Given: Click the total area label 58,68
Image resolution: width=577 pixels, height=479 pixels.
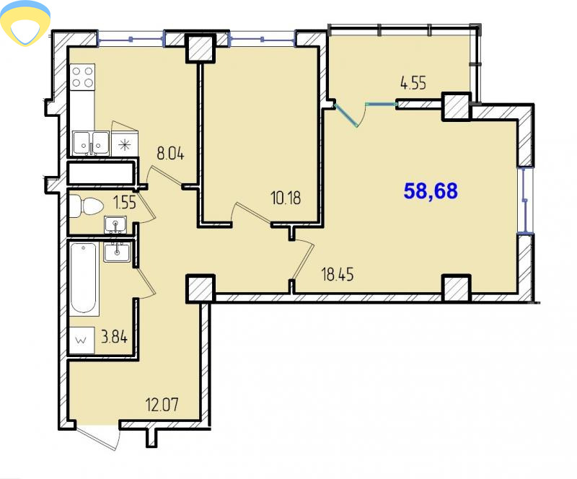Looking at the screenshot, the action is coord(431,190).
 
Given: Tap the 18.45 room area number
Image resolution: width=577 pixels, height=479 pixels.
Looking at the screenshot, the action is coord(338,274).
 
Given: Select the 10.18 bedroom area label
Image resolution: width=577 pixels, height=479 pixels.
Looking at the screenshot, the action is coord(286,198).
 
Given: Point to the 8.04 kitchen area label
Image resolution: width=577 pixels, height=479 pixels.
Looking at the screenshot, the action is coord(170,153).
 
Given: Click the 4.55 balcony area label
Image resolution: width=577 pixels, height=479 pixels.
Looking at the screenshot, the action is coord(413,83).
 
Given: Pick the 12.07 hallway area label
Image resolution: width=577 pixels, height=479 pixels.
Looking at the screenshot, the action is coord(162,405).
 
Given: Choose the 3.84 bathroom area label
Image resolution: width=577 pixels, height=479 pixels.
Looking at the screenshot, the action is coord(114,336).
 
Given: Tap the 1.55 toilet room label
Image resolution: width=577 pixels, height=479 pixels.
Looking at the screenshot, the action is coord(125,202).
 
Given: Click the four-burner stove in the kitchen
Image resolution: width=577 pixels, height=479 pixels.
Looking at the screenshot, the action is coord(83,77).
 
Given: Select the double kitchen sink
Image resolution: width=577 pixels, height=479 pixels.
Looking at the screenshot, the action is coord(91,143).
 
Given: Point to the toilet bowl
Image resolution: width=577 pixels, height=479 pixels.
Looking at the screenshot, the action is coord(86,206).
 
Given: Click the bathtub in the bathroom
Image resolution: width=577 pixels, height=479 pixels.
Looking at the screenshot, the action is coord(84,278).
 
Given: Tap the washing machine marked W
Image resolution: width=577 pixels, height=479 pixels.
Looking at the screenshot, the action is coord(82,340).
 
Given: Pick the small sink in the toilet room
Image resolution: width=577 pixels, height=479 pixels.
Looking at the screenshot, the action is coord(115,224).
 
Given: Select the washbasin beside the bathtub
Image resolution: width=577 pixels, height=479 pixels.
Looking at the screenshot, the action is coord(117,252).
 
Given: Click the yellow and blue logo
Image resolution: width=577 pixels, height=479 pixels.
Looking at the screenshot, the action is coord(25,23).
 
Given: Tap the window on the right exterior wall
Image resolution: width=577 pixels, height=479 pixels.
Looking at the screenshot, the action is coord(525,200).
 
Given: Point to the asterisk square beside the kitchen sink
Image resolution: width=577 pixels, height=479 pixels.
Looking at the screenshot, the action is coord(124,144).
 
